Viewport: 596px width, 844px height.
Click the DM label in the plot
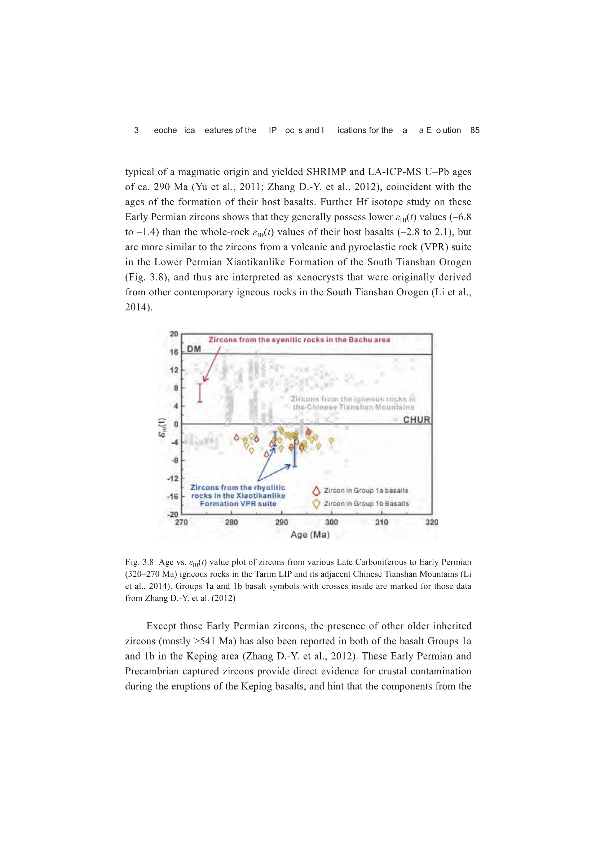pos(194,349)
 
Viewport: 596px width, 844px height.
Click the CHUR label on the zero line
pos(416,419)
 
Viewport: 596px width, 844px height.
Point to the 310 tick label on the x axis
pos(381,522)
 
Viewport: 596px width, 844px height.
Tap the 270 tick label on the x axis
pos(181,522)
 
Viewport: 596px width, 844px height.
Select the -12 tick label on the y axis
pos(173,478)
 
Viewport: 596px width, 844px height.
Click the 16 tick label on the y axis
pos(174,352)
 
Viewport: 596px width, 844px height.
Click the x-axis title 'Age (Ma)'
pos(310,535)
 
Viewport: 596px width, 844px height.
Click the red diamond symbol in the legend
pos(316,491)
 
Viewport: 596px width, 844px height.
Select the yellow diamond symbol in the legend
pos(316,504)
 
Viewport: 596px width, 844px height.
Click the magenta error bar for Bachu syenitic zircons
pos(200,393)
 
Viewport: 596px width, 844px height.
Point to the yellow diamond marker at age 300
pos(331,440)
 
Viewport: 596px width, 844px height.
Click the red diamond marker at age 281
pos(237,438)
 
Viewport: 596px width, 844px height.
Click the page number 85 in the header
pos(474,130)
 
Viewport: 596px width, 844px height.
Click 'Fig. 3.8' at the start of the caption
pos(139,562)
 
